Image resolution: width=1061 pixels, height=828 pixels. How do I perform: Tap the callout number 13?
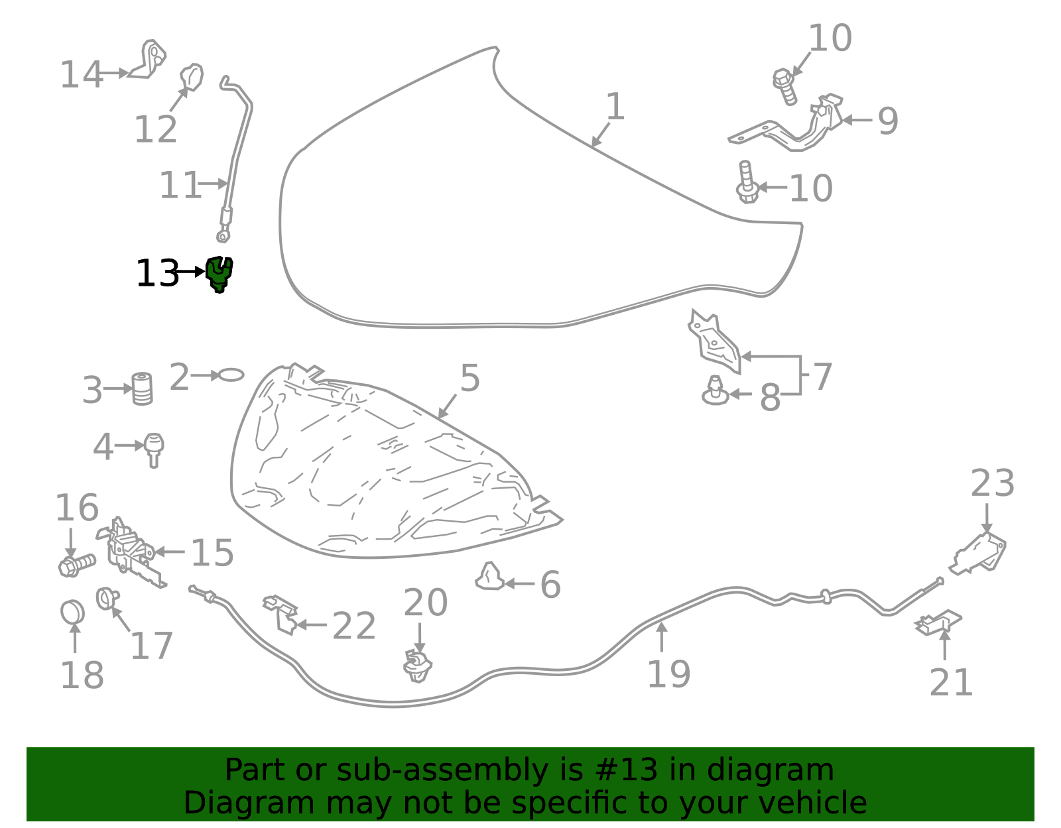[157, 274]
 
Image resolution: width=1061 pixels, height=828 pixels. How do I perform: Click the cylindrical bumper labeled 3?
[143, 389]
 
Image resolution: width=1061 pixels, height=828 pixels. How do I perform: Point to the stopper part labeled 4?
[154, 449]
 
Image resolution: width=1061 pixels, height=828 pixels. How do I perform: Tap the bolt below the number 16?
[77, 565]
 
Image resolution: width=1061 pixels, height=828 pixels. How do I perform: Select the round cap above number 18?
[72, 613]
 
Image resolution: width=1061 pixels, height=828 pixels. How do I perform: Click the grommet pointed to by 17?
[107, 599]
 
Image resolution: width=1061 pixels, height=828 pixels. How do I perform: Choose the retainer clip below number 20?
[418, 666]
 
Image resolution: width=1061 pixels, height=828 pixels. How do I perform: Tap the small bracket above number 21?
[938, 623]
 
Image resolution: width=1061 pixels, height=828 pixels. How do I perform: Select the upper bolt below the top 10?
[784, 87]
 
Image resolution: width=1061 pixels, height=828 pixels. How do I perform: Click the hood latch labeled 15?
[131, 553]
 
